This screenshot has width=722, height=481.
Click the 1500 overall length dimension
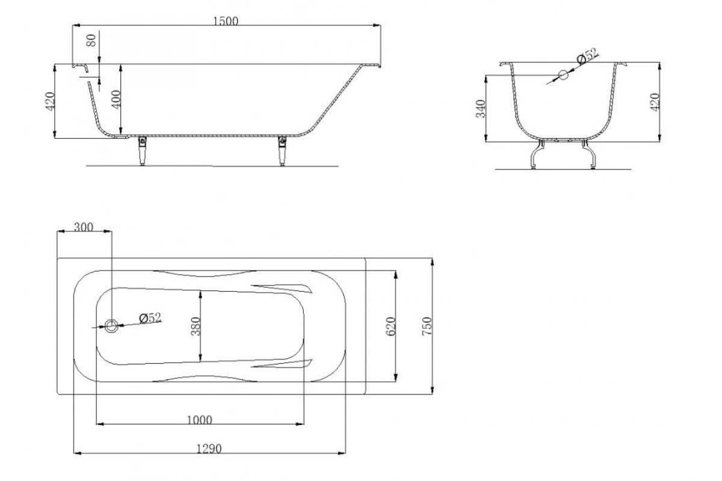(226, 21)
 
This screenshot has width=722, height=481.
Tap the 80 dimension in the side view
(91, 40)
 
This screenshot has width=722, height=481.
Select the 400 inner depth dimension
(116, 100)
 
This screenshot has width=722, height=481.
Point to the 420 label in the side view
(51, 102)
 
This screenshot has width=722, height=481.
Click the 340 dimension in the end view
(481, 109)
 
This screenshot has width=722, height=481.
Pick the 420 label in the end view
(655, 102)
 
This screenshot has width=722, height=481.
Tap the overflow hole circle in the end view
(563, 75)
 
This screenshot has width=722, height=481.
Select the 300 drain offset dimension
(84, 227)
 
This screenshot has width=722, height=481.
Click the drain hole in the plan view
(111, 326)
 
